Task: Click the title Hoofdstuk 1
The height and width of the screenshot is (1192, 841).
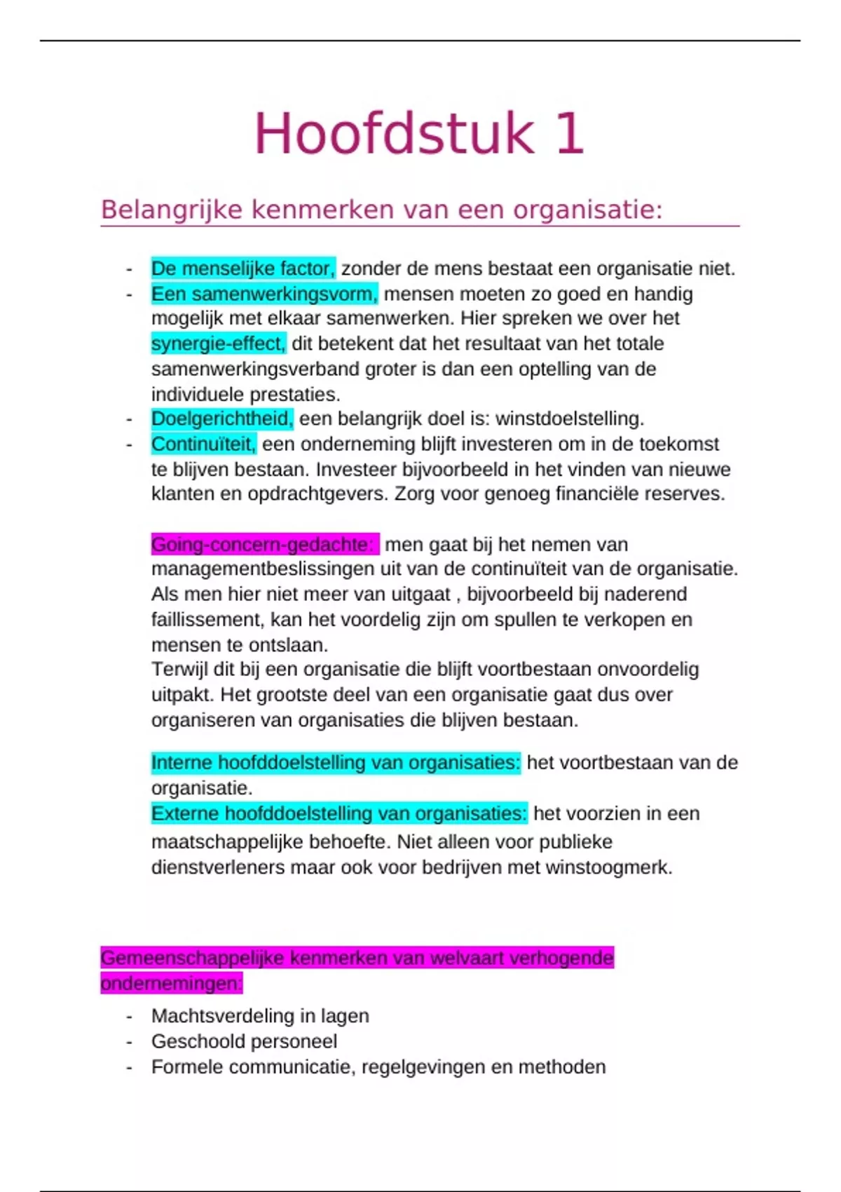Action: (418, 134)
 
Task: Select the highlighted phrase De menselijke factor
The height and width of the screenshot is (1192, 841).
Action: (243, 269)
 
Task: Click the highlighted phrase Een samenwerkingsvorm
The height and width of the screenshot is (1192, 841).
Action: (264, 294)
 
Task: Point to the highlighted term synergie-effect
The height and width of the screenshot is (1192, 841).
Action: (219, 344)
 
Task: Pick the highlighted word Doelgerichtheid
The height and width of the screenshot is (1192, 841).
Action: (222, 419)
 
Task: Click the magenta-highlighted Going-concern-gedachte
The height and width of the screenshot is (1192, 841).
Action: (264, 544)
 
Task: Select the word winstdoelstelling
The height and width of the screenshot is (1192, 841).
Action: (569, 419)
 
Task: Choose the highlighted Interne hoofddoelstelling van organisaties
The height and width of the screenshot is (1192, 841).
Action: (336, 763)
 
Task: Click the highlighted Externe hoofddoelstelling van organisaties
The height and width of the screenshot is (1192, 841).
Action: (339, 813)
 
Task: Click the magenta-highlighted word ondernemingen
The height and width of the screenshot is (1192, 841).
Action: (171, 983)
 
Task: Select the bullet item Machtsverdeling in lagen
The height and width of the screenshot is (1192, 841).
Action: (260, 1016)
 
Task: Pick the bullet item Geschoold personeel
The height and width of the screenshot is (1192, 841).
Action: (244, 1041)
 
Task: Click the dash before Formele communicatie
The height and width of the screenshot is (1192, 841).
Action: (129, 1067)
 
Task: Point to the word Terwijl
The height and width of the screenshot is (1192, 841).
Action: (179, 670)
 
